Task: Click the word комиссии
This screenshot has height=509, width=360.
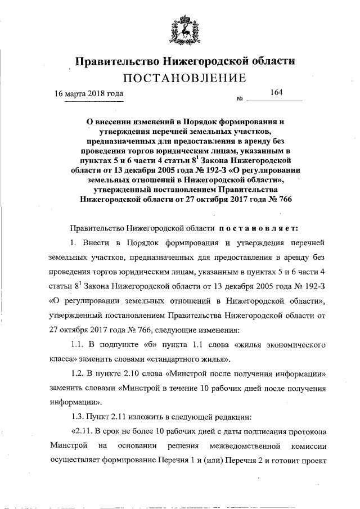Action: coord(308,446)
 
